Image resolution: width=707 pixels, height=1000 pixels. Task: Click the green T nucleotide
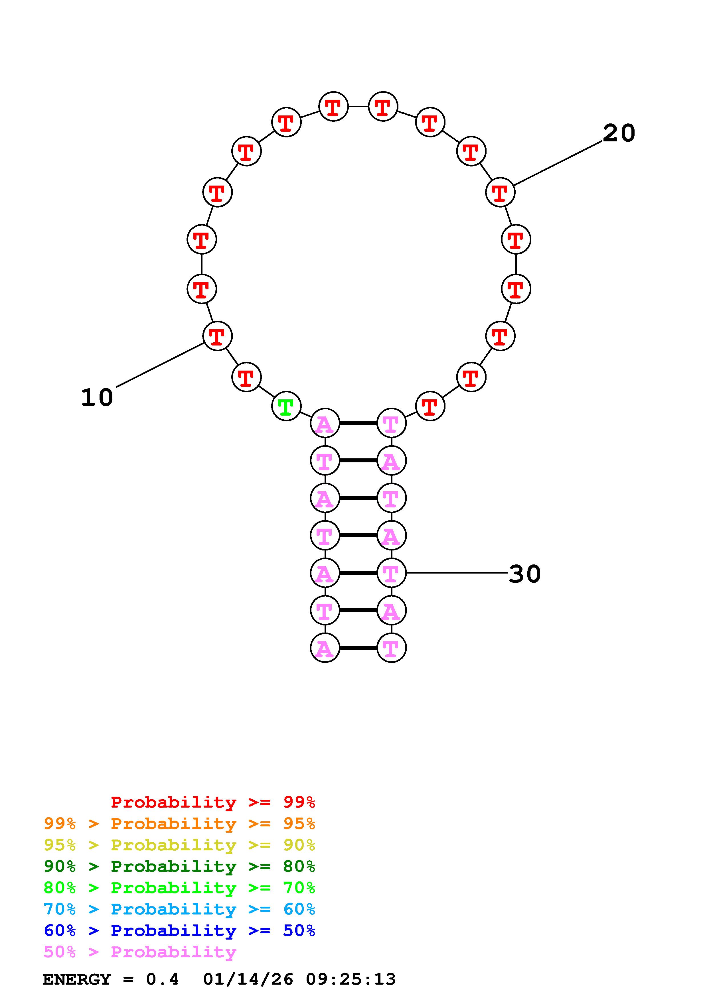pos(286,407)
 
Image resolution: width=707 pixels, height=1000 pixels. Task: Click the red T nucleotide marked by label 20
pos(500,192)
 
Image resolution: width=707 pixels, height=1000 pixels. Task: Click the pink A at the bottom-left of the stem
pos(325,648)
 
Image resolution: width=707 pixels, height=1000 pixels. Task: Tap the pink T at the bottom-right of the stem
pos(391,648)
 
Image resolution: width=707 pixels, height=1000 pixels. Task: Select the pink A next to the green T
pos(325,423)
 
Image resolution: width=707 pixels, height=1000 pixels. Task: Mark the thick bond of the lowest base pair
pos(358,648)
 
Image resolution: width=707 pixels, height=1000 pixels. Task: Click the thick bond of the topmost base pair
pos(358,423)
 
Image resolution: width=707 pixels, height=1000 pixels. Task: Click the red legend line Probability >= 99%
pos(213,802)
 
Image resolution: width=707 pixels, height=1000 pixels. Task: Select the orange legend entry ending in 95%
pos(179,824)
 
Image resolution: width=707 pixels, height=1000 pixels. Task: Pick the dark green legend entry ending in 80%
pos(179,866)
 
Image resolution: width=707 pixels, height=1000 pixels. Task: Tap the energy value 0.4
pos(162,979)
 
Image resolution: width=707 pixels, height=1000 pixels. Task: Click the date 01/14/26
pos(248,979)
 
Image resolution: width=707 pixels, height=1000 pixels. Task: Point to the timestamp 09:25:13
pos(351,979)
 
